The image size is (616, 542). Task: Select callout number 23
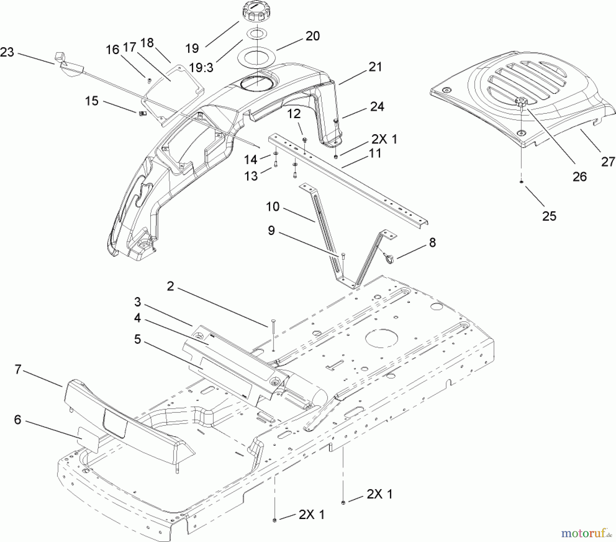point(7,52)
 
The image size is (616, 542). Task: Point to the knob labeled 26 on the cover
point(521,102)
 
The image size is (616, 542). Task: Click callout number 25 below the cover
point(549,216)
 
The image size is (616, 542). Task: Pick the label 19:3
point(201,67)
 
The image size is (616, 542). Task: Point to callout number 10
point(273,207)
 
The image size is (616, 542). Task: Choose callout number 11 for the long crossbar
point(375,153)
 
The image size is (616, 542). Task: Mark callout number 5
point(137,340)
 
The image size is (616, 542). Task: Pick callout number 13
point(251,176)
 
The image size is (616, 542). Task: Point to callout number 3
point(137,302)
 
